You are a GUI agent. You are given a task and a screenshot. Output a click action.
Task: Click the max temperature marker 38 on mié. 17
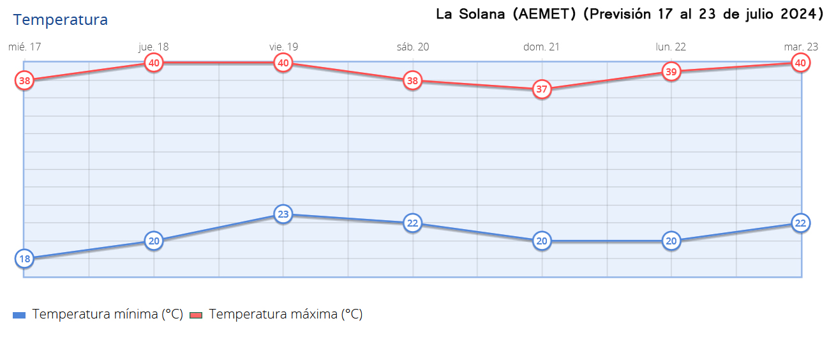(x=24, y=80)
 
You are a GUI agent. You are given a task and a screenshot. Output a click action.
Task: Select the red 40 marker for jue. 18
(x=154, y=63)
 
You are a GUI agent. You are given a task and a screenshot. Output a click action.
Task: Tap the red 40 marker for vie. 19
(x=283, y=63)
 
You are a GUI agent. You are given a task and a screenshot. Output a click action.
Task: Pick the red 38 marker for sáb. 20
(x=413, y=81)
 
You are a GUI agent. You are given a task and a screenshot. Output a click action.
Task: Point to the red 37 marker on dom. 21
(x=542, y=89)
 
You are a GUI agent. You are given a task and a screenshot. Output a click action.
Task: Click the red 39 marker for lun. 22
(x=671, y=72)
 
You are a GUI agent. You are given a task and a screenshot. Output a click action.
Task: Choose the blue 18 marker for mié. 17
(x=24, y=259)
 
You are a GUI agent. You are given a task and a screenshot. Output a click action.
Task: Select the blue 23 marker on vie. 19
(x=283, y=214)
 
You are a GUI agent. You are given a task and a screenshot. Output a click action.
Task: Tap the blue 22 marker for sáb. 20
(x=413, y=223)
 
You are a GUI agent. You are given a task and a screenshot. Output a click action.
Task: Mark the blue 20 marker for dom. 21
(x=542, y=241)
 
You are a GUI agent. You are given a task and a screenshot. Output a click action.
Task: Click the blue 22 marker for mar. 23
(x=800, y=223)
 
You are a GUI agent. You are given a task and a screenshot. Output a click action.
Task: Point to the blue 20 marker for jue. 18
(x=154, y=241)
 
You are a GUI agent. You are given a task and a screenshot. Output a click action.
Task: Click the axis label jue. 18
(x=154, y=47)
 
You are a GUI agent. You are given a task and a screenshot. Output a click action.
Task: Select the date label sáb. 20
(x=413, y=47)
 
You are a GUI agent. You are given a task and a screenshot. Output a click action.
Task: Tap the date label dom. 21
(x=542, y=47)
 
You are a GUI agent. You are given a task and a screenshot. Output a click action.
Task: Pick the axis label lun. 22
(x=671, y=47)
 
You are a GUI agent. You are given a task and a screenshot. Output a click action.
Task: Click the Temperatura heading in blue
(x=61, y=20)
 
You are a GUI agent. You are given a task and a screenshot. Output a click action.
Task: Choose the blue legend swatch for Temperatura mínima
(x=19, y=315)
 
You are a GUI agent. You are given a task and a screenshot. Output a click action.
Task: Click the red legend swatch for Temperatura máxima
(x=196, y=315)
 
